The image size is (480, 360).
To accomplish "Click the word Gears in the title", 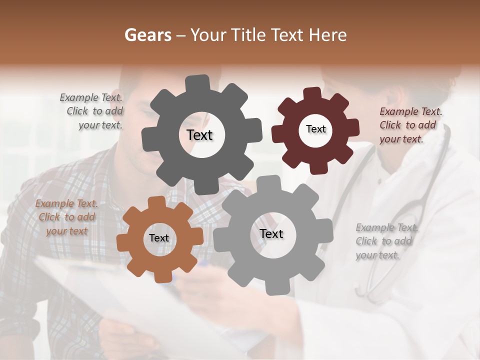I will tap(147, 35).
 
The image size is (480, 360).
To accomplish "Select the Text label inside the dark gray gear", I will tap(199, 135).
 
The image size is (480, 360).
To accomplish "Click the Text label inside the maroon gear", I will tap(315, 129).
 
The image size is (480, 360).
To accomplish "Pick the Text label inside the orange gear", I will tap(159, 238).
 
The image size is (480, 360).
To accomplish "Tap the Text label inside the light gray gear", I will tap(271, 233).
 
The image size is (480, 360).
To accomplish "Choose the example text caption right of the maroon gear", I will tap(409, 125).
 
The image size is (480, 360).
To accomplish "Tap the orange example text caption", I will tap(67, 217).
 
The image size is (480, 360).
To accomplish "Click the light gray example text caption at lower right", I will tap(386, 241).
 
